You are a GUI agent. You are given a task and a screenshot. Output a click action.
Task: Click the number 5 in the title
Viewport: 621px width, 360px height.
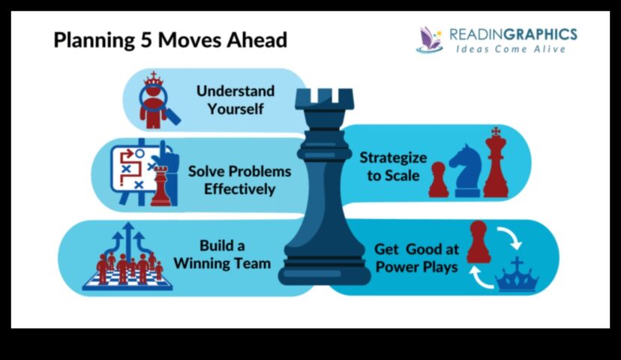[x=146, y=40]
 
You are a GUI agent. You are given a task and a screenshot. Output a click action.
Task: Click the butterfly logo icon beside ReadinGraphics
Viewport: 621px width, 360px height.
[x=429, y=40]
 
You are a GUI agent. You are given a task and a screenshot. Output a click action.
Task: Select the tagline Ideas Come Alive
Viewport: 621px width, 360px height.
[x=511, y=49]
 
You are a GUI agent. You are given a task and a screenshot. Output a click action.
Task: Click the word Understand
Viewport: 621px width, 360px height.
[x=235, y=91]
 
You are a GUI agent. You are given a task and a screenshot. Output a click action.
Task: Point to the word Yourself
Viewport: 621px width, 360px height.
[x=235, y=109]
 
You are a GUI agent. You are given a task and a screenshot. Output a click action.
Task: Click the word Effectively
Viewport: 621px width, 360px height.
[x=239, y=189]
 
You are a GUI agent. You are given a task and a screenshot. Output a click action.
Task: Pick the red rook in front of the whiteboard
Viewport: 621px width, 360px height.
[x=160, y=186]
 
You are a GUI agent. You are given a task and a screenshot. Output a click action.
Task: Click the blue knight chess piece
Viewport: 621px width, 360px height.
[x=466, y=171]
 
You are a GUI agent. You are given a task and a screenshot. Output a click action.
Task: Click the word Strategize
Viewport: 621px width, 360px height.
[x=393, y=157]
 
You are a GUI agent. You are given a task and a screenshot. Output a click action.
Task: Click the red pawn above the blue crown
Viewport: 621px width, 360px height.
[x=478, y=241]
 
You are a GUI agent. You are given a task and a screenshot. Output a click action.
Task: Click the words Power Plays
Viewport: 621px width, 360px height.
[x=417, y=267]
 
